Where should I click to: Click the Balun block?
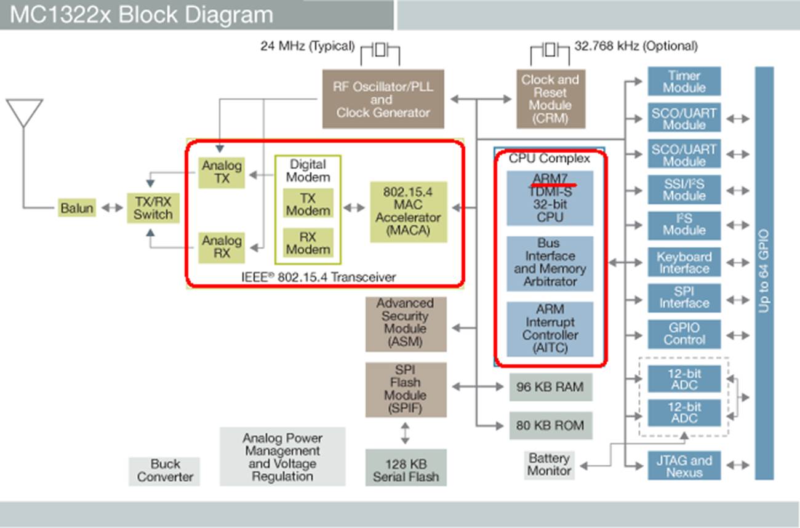tap(77, 208)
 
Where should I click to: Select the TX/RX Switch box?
tap(153, 207)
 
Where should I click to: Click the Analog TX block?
tap(222, 173)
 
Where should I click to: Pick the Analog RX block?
tap(222, 247)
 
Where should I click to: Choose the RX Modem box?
tap(308, 242)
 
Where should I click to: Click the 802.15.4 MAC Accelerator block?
tap(408, 211)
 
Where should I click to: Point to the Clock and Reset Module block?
tap(550, 99)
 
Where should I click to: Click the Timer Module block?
tap(684, 82)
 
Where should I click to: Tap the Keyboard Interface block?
tap(684, 263)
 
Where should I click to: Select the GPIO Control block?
tap(684, 334)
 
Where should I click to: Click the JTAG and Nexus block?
tap(684, 466)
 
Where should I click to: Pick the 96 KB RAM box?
tap(551, 388)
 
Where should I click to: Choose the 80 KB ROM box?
tap(551, 425)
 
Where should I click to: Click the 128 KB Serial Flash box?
tap(406, 470)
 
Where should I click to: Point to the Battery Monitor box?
tap(549, 465)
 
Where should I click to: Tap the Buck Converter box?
tap(165, 471)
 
